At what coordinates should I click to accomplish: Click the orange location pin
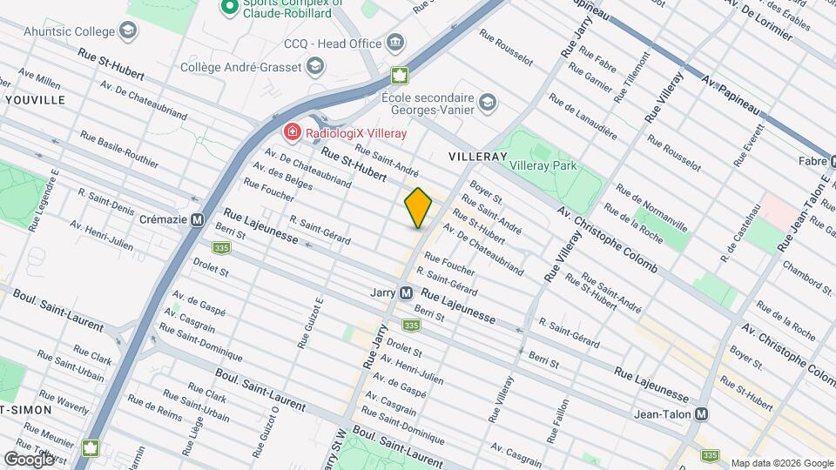coord(418,208)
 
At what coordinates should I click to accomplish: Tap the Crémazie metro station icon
coord(198,220)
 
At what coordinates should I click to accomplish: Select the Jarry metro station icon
coord(406,293)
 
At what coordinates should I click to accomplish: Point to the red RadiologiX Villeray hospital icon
coord(293,132)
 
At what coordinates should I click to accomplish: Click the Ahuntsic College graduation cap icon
coord(128,32)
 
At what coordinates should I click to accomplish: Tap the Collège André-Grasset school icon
coord(314,66)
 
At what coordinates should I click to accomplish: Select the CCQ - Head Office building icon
coord(395,43)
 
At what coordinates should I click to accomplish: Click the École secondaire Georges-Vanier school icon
coord(488,104)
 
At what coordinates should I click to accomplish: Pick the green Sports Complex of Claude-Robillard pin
coord(230,8)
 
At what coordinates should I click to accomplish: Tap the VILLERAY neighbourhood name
coord(477,156)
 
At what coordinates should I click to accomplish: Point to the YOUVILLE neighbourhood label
coord(35,100)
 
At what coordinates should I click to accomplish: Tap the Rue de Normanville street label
coord(651,207)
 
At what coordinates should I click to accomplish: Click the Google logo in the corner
coord(29,458)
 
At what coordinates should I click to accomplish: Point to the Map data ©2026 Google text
coord(781,463)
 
